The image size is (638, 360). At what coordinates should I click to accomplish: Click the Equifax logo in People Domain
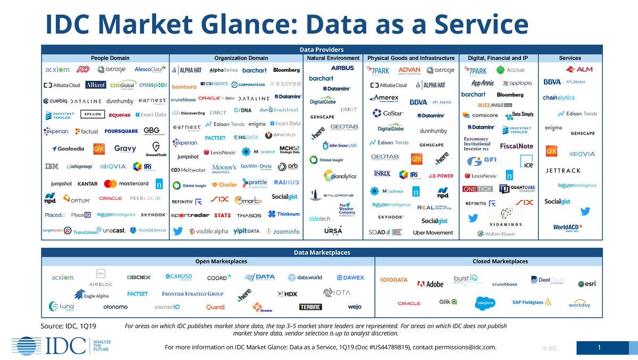click(119, 115)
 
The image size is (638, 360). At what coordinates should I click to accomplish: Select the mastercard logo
click(127, 184)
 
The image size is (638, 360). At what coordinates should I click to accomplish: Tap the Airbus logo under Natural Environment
click(342, 69)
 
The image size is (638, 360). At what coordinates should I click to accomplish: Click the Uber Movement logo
click(433, 233)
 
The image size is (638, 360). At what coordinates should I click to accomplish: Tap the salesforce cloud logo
click(485, 303)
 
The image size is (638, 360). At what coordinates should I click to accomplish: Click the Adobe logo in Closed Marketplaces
click(430, 284)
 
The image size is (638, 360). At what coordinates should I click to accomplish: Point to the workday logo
click(579, 305)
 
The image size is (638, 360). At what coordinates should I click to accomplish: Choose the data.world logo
click(305, 278)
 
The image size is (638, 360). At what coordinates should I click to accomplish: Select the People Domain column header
click(110, 58)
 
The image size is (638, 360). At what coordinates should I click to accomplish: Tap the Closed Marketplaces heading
click(500, 262)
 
